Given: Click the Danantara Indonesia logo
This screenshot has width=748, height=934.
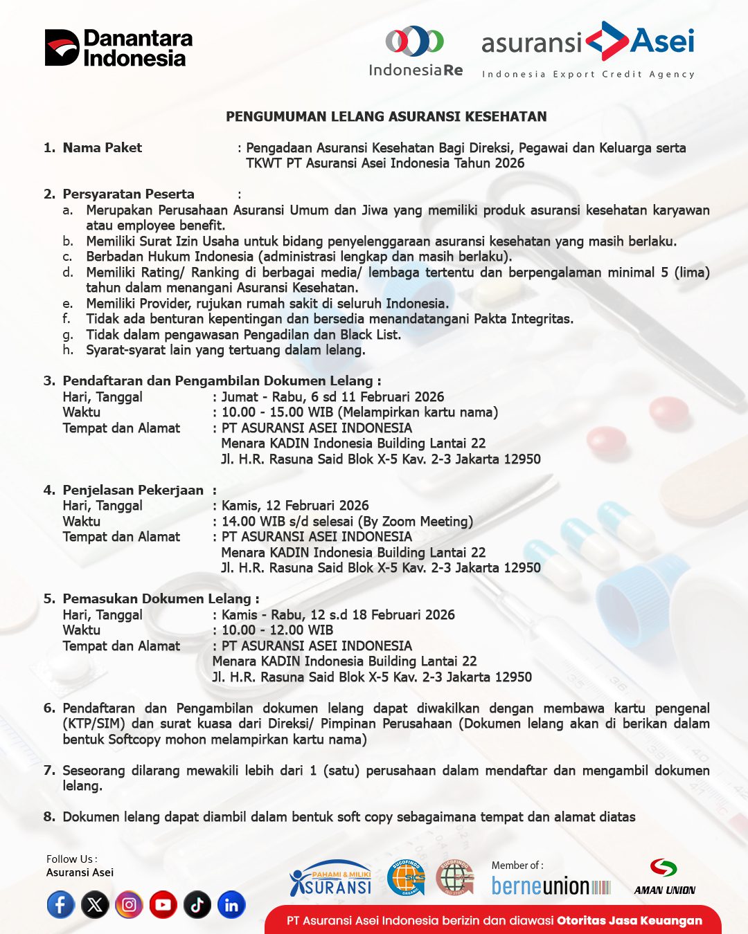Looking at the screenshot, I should pyautogui.click(x=118, y=48).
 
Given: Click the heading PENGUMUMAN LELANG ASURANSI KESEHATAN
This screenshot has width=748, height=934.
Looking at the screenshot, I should pyautogui.click(x=386, y=117).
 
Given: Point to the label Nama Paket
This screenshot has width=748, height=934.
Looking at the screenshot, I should pyautogui.click(x=102, y=147).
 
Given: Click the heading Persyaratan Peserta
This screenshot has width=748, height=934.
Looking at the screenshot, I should pyautogui.click(x=128, y=194).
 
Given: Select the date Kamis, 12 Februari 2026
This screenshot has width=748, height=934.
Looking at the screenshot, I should pyautogui.click(x=295, y=506).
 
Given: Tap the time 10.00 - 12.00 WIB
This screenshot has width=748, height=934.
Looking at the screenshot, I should pyautogui.click(x=277, y=630).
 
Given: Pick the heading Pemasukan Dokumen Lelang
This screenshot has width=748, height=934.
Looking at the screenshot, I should pyautogui.click(x=157, y=599).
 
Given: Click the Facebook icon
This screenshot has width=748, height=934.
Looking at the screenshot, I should pyautogui.click(x=61, y=905).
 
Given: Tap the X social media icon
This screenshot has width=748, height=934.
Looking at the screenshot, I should pyautogui.click(x=95, y=905).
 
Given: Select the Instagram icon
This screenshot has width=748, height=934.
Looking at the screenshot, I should pyautogui.click(x=129, y=905).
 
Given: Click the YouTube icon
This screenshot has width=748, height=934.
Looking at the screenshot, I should pyautogui.click(x=163, y=905).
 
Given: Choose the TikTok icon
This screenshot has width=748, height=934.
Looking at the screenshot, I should pyautogui.click(x=197, y=905).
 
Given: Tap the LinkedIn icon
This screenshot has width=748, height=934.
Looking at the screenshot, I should pyautogui.click(x=231, y=905).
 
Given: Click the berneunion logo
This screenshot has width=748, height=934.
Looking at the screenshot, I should pyautogui.click(x=551, y=886).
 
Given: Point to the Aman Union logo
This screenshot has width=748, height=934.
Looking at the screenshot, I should pyautogui.click(x=664, y=878).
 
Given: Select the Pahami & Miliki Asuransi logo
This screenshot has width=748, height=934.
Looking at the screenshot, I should pyautogui.click(x=331, y=879).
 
